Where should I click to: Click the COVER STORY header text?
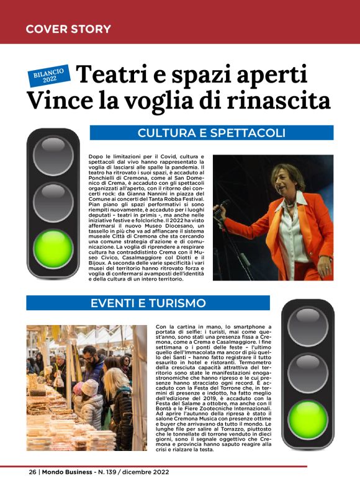click(x=68, y=29)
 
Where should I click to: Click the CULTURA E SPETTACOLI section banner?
click(x=211, y=133)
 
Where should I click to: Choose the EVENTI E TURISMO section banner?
click(x=148, y=303)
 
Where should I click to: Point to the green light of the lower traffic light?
click(x=308, y=420)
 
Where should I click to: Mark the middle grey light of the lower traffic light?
click(x=308, y=372)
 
